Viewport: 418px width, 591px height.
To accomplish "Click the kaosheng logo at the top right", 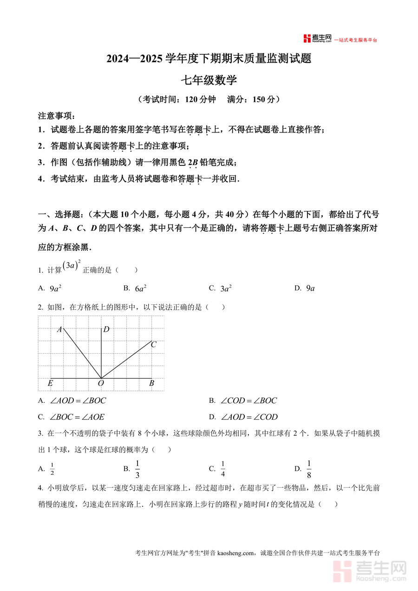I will click(x=317, y=39).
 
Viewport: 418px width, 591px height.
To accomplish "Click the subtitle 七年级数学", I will click(x=209, y=80).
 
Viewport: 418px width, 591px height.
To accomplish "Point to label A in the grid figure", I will click(x=59, y=329).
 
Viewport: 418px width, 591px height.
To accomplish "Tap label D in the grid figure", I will click(x=106, y=329).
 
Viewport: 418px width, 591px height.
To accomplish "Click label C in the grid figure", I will click(x=154, y=344).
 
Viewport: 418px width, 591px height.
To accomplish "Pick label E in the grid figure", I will click(x=50, y=383).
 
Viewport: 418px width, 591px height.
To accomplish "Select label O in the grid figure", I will click(x=100, y=383).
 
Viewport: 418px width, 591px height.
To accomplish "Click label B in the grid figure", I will click(x=151, y=383).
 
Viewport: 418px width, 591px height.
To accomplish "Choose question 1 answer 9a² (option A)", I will click(x=56, y=288).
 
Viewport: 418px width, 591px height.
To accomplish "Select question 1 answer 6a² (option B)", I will click(x=141, y=288).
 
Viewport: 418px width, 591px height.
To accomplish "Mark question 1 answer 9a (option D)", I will click(x=310, y=288).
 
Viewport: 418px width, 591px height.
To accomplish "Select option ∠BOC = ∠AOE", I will click(x=77, y=417).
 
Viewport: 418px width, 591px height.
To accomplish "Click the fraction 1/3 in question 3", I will click(x=137, y=469).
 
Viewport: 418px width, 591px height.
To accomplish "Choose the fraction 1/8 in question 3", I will click(x=309, y=469).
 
